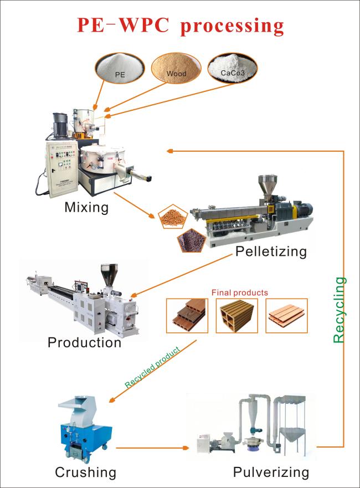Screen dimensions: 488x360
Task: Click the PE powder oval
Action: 119,67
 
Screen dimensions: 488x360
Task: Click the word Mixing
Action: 86,208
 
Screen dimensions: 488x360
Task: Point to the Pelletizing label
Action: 271,251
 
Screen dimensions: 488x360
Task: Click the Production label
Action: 84,342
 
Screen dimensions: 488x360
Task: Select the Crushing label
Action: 85,472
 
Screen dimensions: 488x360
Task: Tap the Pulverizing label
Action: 270,472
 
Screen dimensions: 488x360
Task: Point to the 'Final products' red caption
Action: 239,292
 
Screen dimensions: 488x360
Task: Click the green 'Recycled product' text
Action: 152,367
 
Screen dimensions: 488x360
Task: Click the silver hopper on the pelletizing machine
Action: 268,184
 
